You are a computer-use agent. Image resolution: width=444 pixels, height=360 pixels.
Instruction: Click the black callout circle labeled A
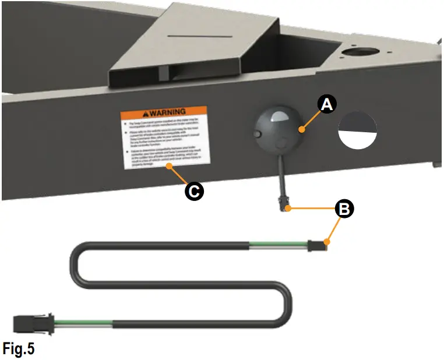pyautogui.click(x=327, y=104)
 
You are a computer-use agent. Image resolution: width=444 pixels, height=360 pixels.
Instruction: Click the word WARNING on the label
pyautogui.click(x=167, y=111)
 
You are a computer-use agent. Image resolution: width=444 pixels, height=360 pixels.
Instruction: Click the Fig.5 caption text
pyautogui.click(x=17, y=349)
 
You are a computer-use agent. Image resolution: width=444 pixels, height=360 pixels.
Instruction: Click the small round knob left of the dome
pyautogui.click(x=258, y=135)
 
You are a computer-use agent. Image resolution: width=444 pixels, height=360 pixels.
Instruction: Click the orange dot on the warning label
pyautogui.click(x=168, y=165)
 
